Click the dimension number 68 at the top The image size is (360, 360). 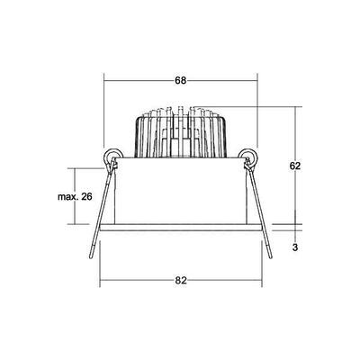[181, 80]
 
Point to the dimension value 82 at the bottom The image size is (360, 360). [181, 281]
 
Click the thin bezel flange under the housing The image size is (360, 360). [180, 230]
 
